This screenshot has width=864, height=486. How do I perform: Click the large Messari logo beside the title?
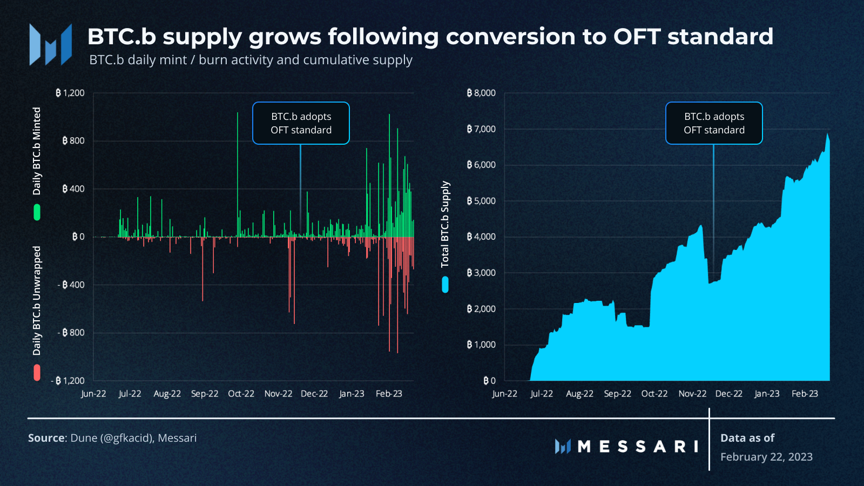[x=50, y=44]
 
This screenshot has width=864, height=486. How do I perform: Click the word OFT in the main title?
[x=637, y=37]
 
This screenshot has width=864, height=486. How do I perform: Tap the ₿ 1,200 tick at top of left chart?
[x=70, y=93]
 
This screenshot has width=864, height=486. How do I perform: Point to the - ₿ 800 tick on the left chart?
[x=71, y=333]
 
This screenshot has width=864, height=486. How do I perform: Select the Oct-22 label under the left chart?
[x=241, y=394]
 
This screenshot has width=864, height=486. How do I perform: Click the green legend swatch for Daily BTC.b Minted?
[x=37, y=212]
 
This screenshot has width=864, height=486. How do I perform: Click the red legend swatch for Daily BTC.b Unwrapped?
[x=37, y=373]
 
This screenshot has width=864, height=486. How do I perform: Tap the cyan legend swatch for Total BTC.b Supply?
[x=445, y=285]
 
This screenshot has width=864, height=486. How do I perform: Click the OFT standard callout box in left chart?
[x=301, y=123]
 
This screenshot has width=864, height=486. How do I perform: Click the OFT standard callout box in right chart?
[x=714, y=123]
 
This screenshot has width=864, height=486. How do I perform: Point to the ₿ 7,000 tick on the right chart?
[x=481, y=129]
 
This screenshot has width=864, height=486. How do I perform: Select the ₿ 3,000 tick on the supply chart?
[x=481, y=273]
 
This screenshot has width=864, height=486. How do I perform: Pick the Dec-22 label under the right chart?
[x=728, y=394]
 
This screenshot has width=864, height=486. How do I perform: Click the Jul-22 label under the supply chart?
[x=542, y=394]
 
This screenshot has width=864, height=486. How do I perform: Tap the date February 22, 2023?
[x=766, y=457]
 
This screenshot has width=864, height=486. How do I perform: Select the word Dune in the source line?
[x=84, y=438]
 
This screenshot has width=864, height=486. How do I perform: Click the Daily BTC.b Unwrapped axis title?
[x=37, y=301]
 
